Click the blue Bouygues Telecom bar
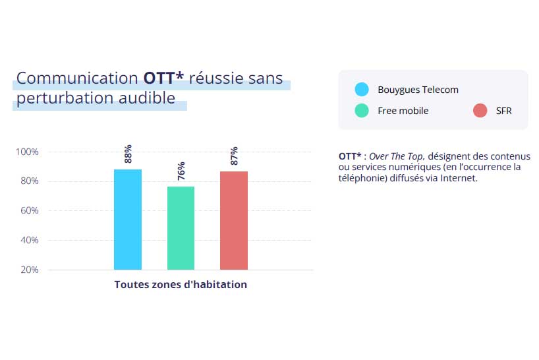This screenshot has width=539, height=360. pyautogui.click(x=128, y=220)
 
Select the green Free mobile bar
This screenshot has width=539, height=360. pyautogui.click(x=181, y=228)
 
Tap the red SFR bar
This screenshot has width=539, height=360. pyautogui.click(x=234, y=220)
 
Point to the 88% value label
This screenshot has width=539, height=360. pyautogui.click(x=128, y=154)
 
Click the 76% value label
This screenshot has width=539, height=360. pyautogui.click(x=181, y=171)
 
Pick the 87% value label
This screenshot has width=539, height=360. pyautogui.click(x=234, y=155)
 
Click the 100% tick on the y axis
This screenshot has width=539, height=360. pyautogui.click(x=27, y=152)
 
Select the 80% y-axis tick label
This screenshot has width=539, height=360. pyautogui.click(x=28, y=181)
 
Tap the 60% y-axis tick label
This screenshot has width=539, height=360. pyautogui.click(x=28, y=211)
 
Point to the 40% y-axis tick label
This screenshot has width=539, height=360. pyautogui.click(x=28, y=240)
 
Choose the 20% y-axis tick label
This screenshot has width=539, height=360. pyautogui.click(x=28, y=270)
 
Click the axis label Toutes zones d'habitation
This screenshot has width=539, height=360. pyautogui.click(x=181, y=285)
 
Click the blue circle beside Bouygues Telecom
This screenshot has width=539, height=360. pyautogui.click(x=361, y=90)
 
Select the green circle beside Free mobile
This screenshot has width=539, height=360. pyautogui.click(x=361, y=111)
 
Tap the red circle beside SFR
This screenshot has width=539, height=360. pyautogui.click(x=480, y=111)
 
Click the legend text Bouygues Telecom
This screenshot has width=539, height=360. pyautogui.click(x=418, y=90)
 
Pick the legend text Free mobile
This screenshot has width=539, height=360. pyautogui.click(x=403, y=111)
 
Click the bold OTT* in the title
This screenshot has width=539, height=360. pyautogui.click(x=163, y=78)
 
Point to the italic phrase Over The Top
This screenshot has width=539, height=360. pyautogui.click(x=397, y=156)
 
